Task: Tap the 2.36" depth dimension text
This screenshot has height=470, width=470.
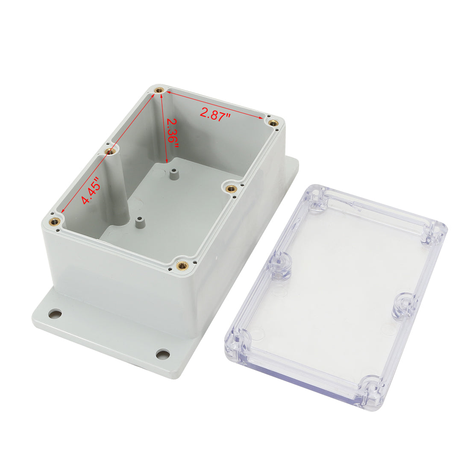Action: click(x=172, y=132)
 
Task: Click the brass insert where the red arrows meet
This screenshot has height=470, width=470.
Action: click(x=160, y=90)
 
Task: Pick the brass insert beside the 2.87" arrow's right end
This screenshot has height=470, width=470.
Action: click(x=273, y=123)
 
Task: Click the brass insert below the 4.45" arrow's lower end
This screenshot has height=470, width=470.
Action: click(x=55, y=220)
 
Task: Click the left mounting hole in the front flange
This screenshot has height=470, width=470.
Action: click(x=55, y=314)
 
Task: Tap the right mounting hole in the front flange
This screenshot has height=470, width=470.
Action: click(x=162, y=354)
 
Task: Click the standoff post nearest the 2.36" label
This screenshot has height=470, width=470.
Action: click(x=173, y=175)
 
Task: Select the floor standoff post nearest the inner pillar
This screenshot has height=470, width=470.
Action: click(x=139, y=223)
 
